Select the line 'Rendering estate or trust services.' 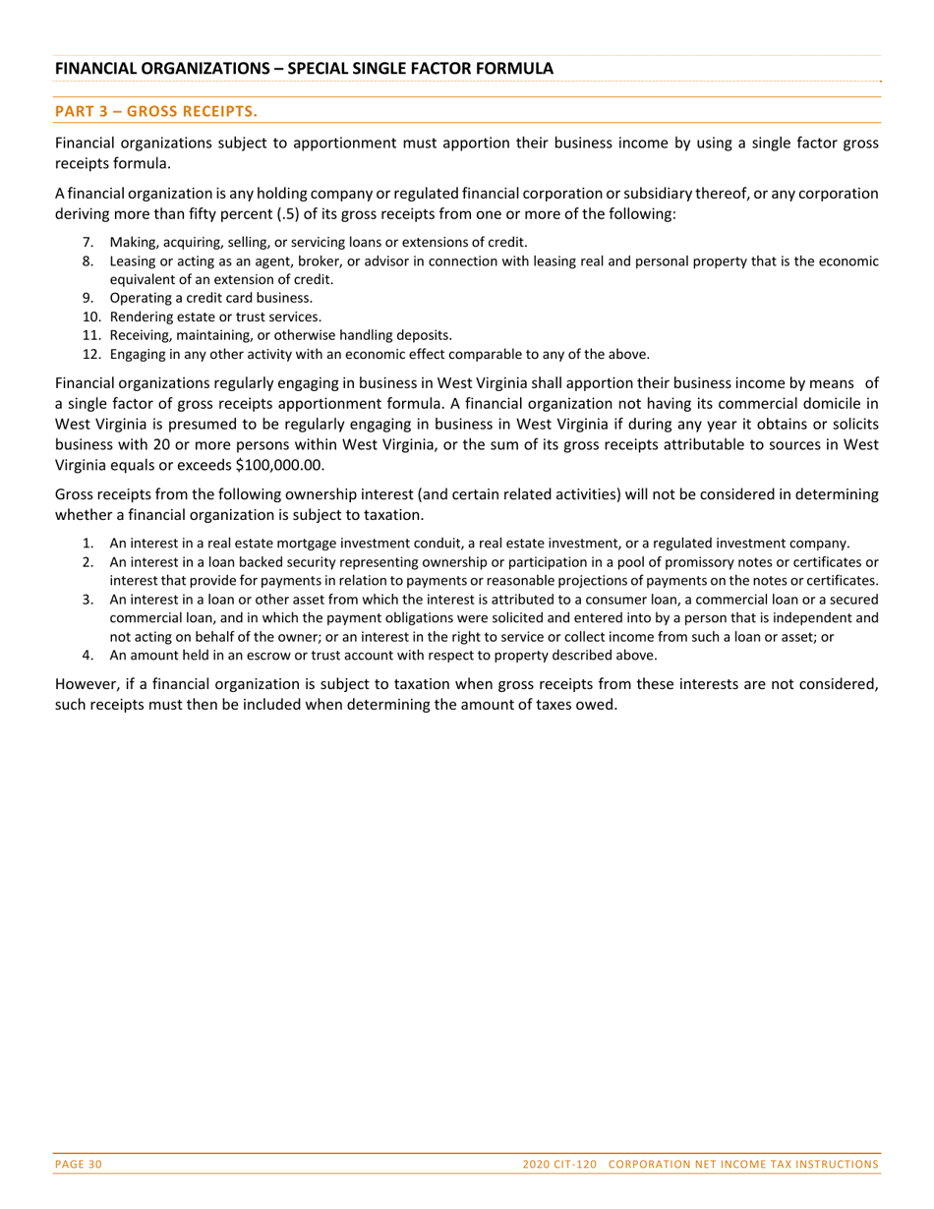215,317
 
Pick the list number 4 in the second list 88,655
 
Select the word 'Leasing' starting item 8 133,260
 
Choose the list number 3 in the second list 88,599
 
